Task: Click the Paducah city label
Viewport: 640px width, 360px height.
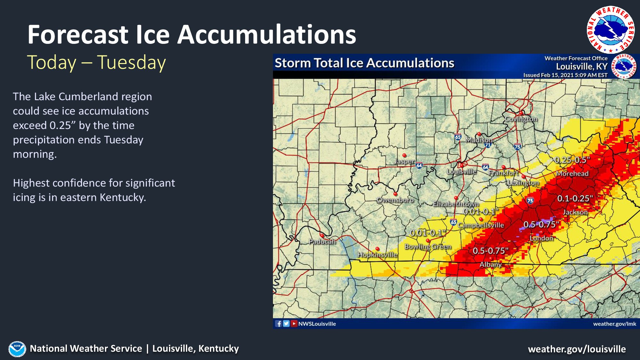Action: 322,242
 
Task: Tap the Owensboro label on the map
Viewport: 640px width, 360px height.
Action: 395,200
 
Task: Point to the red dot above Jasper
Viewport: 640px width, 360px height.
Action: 404,155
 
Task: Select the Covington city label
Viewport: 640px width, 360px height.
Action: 521,119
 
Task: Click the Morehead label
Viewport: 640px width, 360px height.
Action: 572,174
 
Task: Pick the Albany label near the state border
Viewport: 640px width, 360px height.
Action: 490,265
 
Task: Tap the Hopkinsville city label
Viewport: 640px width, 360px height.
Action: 377,255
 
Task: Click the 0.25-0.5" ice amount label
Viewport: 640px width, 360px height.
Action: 572,160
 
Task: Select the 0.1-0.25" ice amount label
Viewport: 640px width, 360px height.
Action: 575,198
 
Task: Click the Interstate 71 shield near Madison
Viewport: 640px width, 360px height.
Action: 488,145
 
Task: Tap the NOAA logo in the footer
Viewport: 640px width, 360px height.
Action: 17,349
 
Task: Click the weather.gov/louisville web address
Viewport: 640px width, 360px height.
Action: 577,349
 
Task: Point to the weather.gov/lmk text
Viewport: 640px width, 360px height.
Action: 614,324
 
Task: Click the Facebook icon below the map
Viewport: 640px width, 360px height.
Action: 279,324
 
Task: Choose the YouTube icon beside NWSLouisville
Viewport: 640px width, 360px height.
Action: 294,324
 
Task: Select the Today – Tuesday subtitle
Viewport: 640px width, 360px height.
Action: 96,62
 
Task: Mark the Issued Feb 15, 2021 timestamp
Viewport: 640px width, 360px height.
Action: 565,75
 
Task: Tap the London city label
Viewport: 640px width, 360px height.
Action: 541,238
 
